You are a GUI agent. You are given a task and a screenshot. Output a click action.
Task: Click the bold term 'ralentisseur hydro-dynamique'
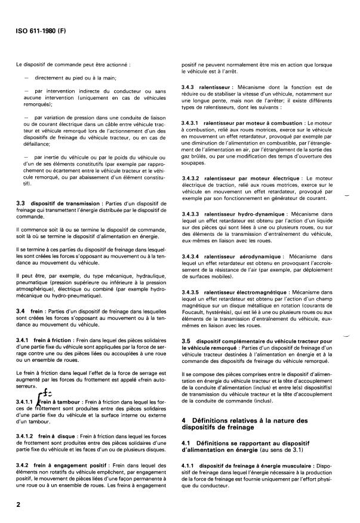(241, 214)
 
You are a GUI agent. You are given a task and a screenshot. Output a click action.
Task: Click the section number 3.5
(186, 340)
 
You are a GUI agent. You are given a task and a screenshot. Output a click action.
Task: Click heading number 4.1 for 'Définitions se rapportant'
(186, 442)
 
